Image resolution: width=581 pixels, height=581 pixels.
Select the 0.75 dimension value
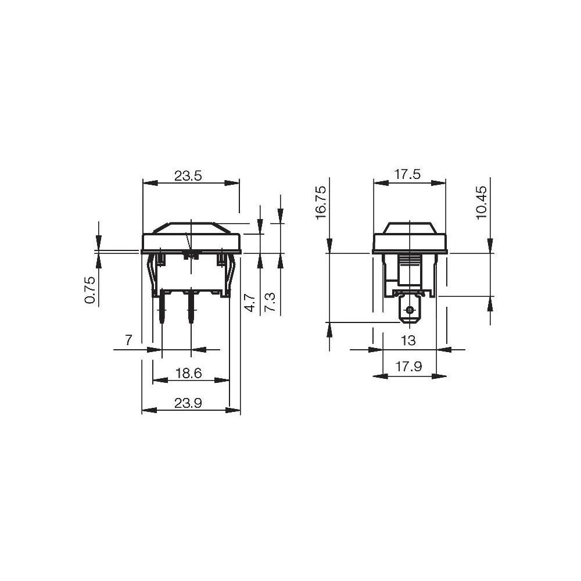(x=89, y=290)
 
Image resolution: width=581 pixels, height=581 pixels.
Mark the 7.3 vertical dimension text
(x=270, y=302)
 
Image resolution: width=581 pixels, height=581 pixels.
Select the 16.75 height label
(x=321, y=202)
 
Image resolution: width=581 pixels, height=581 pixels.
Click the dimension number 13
(x=408, y=340)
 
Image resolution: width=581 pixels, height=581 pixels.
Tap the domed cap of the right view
(x=410, y=228)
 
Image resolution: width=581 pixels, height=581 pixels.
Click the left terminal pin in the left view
(x=162, y=311)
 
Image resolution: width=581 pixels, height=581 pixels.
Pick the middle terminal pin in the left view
(x=191, y=311)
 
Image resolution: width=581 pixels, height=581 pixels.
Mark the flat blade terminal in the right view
(x=410, y=309)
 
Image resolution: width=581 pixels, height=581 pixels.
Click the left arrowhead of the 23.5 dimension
(x=146, y=183)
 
